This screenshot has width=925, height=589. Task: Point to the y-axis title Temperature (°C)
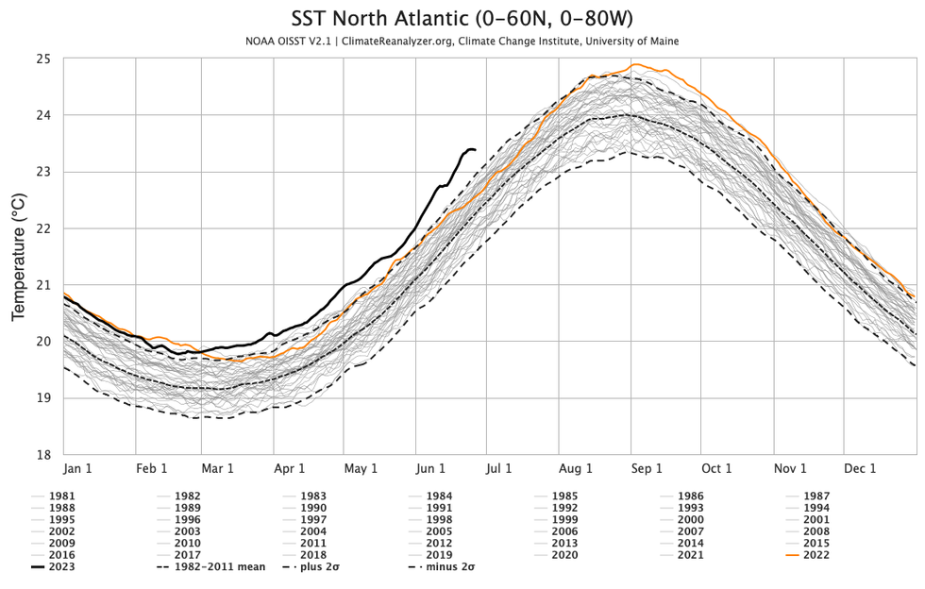[17, 257]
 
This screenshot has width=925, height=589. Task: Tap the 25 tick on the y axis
[44, 59]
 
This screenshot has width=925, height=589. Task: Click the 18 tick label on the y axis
[44, 455]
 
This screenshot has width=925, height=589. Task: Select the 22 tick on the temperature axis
[44, 228]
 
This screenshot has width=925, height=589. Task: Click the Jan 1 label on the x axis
[76, 468]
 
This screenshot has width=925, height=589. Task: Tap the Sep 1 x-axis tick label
[647, 468]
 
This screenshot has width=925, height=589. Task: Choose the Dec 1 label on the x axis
[860, 468]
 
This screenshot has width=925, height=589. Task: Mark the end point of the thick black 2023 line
[474, 149]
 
